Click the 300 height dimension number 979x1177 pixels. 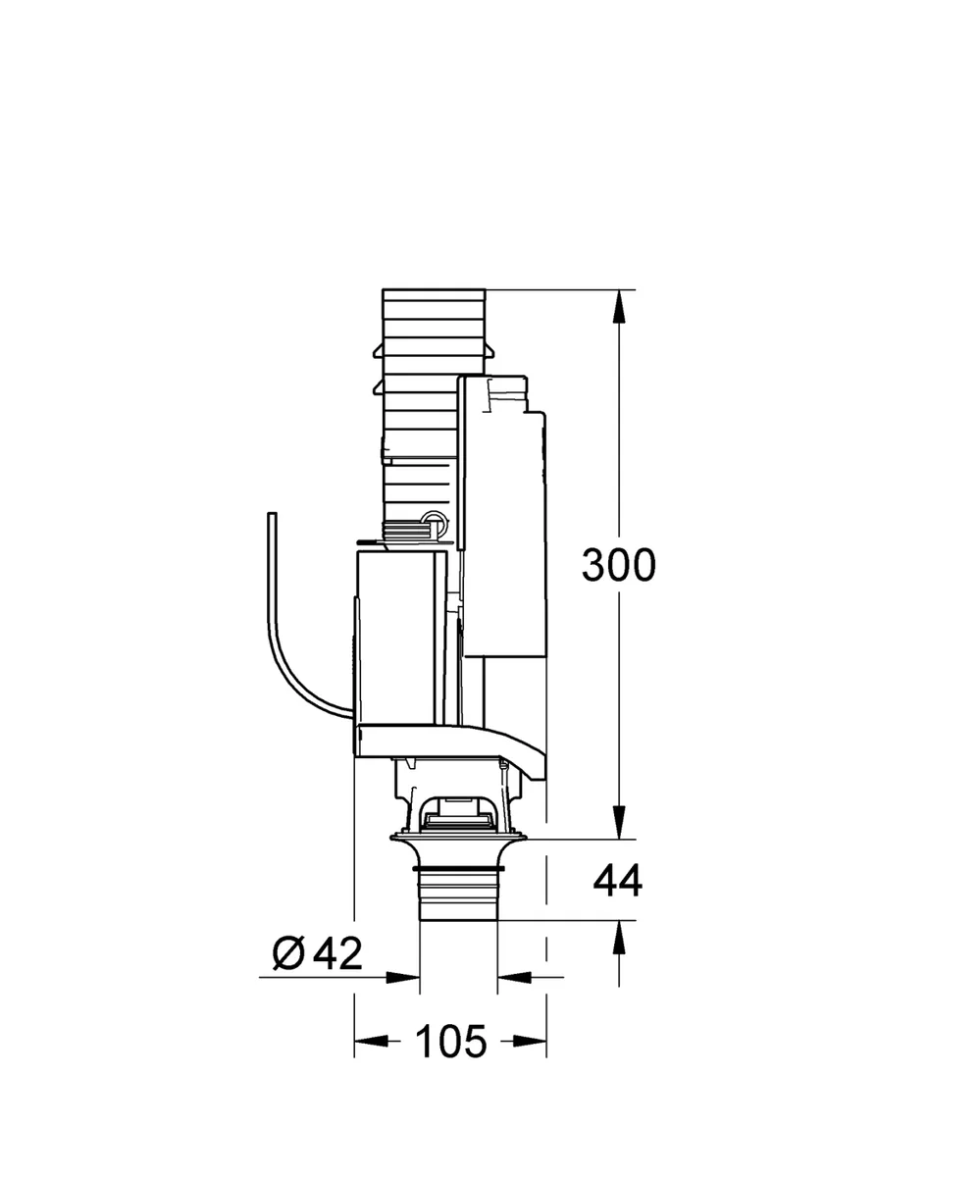click(x=619, y=564)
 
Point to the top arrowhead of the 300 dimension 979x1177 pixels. click(x=619, y=307)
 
